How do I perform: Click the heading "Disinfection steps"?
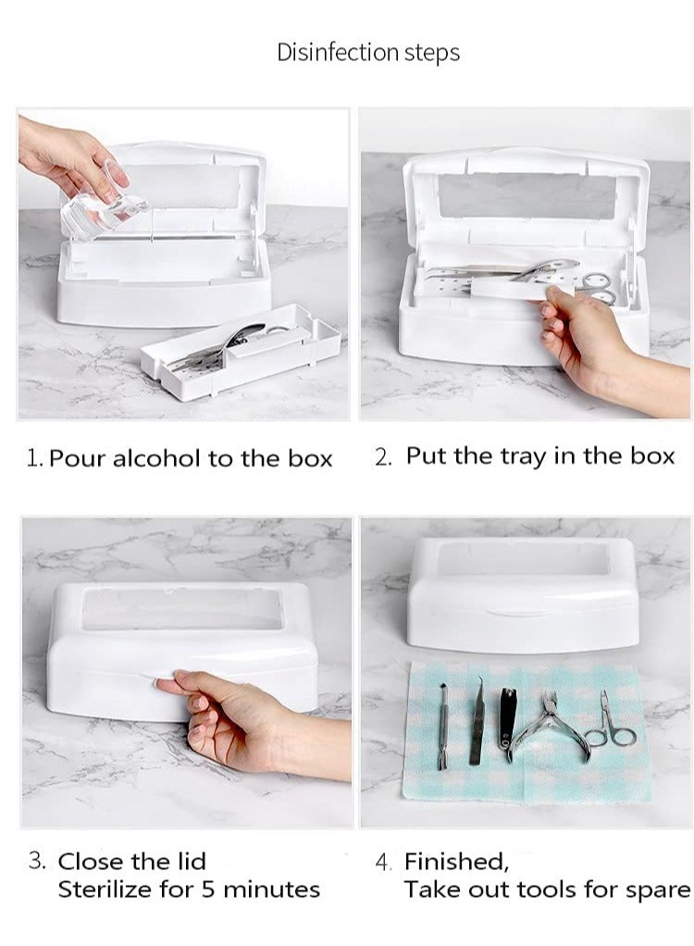[x=368, y=53]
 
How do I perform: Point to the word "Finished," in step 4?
[x=456, y=862]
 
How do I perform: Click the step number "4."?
[x=384, y=863]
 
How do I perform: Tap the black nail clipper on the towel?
[x=508, y=722]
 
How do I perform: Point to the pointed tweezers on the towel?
[x=477, y=722]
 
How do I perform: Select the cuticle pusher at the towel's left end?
[x=442, y=726]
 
